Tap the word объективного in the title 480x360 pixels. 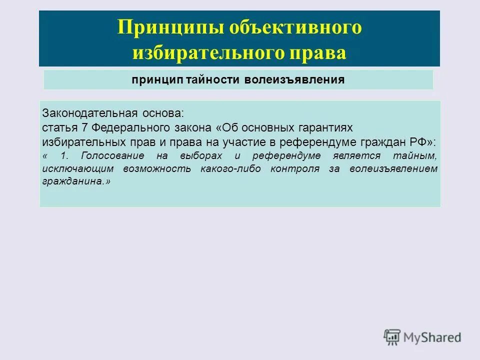pyautogui.click(x=295, y=27)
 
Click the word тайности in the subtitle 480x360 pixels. pyautogui.click(x=213, y=80)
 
